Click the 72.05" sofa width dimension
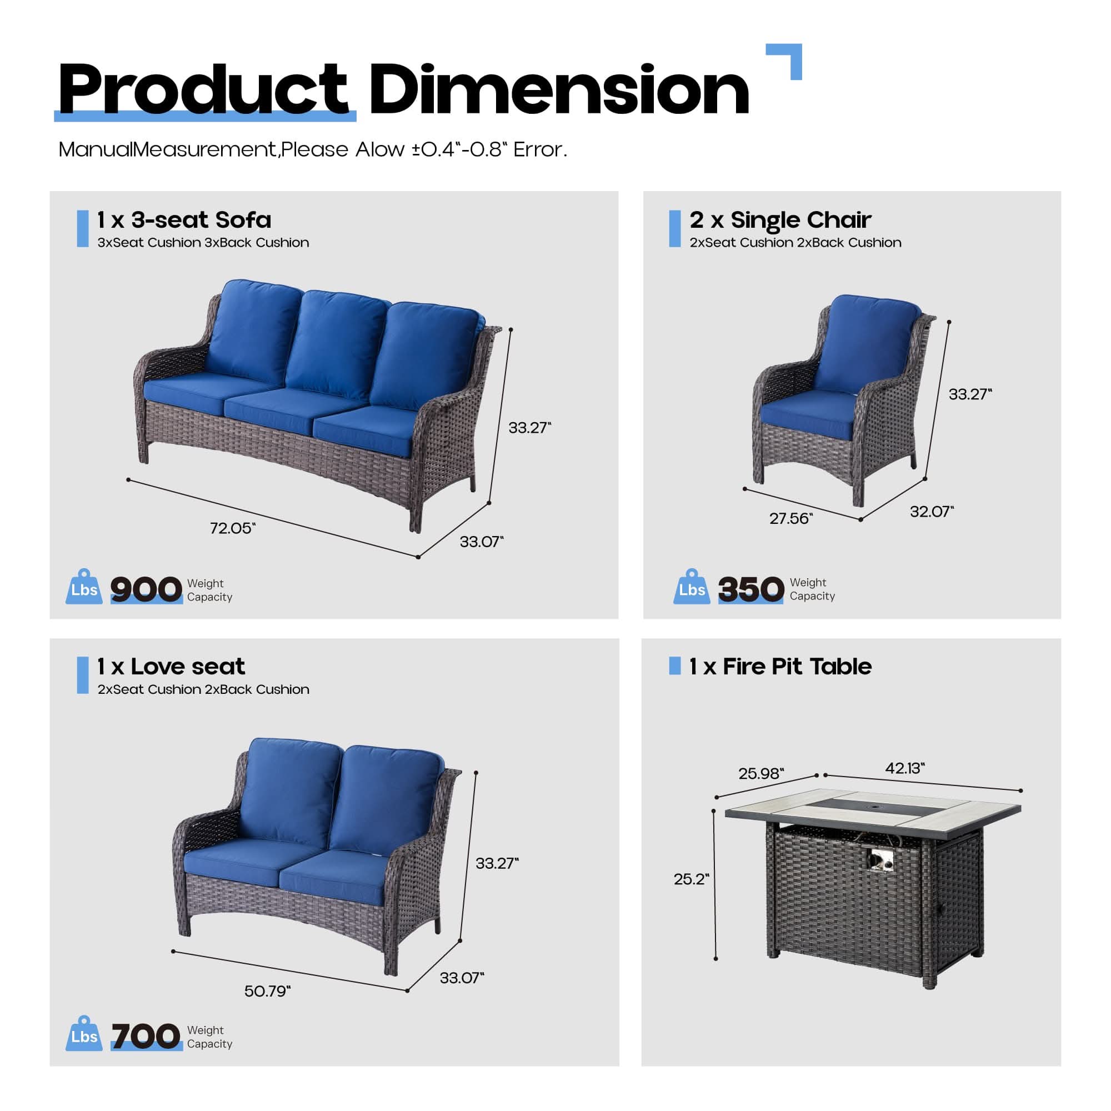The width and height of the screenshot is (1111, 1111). point(233,528)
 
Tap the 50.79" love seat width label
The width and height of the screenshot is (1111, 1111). point(267,991)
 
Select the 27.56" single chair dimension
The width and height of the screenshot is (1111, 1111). point(791,518)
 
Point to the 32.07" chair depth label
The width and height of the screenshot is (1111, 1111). point(932,511)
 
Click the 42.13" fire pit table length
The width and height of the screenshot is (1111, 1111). point(905,768)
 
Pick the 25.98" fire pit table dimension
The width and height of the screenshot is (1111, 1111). point(762,773)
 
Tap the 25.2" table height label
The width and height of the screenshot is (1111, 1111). point(692,879)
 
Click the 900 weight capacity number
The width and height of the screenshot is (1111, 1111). point(146,589)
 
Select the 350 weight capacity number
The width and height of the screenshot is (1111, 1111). point(751,589)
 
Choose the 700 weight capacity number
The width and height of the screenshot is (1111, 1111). point(146,1036)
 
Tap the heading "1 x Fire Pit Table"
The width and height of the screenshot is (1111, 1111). point(780,667)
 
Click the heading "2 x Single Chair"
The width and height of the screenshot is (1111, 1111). point(780,219)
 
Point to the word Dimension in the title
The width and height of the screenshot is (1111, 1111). point(559,89)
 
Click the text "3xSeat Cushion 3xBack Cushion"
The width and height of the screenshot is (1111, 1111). point(203,243)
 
